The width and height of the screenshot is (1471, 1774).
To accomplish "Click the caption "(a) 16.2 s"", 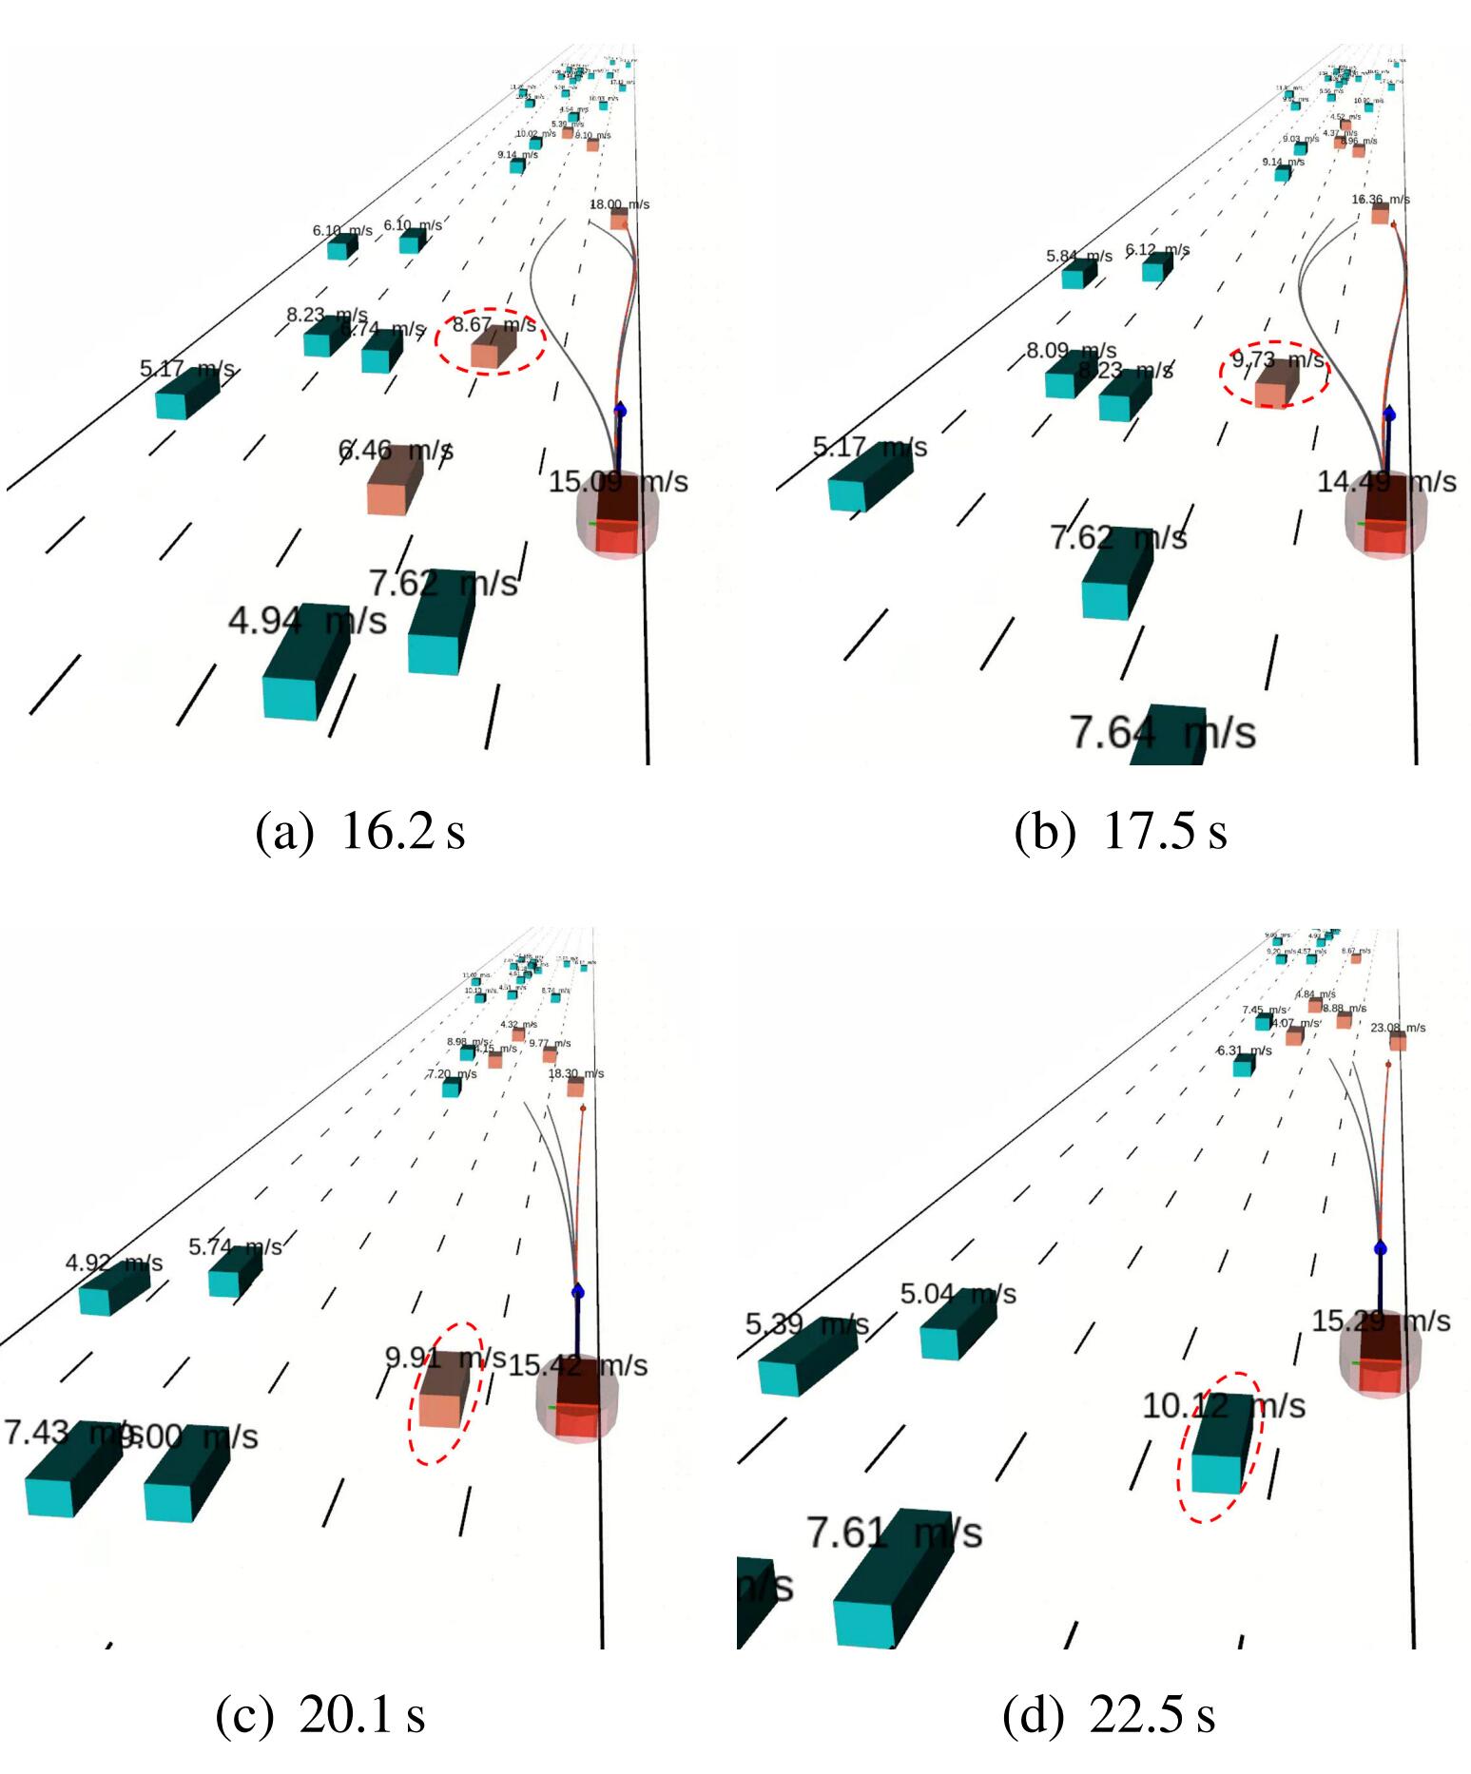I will point(360,832).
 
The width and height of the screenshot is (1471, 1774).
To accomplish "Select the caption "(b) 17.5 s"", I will point(1120,832).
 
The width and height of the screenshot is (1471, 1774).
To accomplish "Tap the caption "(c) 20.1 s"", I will point(320,1714).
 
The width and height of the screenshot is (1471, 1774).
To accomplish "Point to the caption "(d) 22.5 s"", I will point(1109,1714).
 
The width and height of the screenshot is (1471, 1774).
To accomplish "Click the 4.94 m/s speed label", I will point(307,621).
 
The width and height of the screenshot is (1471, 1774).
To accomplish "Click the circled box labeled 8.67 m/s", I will point(493,345).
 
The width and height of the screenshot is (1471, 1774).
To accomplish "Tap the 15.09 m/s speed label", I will point(618,481).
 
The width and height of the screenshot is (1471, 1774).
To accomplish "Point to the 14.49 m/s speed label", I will point(1385,481).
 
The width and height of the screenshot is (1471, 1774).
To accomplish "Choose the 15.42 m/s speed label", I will point(577,1366).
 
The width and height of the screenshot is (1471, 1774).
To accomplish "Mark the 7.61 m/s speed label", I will point(894,1533).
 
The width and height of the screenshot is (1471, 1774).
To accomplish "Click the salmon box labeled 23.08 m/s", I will point(1398,1041).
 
